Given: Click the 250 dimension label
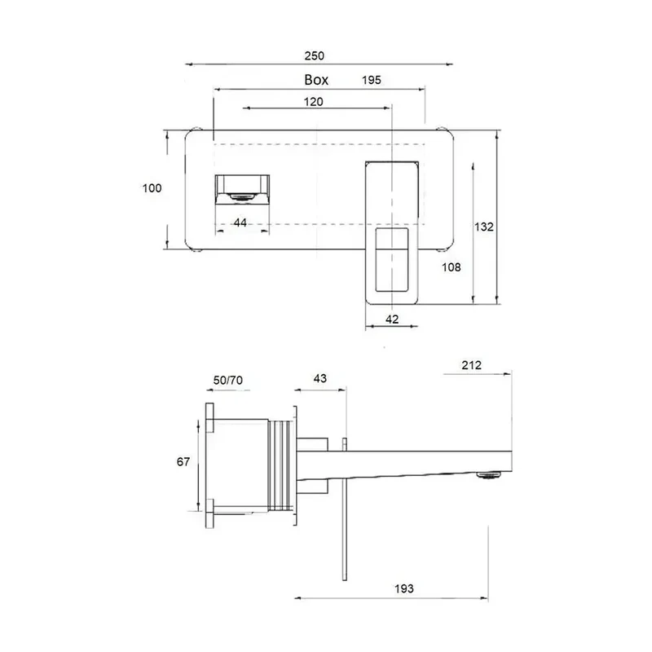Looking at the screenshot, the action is [x=314, y=55].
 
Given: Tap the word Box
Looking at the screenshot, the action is [x=316, y=80].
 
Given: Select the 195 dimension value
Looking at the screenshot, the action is [x=372, y=80].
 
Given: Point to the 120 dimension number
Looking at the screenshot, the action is [x=313, y=102].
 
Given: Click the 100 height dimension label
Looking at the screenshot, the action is [x=152, y=188].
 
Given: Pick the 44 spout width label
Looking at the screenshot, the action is [x=240, y=222].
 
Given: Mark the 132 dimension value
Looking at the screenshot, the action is [x=484, y=227].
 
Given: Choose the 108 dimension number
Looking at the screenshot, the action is [x=452, y=267].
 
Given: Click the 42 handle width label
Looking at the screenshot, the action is [x=392, y=319].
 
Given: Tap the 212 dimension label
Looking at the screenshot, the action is [x=472, y=365].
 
